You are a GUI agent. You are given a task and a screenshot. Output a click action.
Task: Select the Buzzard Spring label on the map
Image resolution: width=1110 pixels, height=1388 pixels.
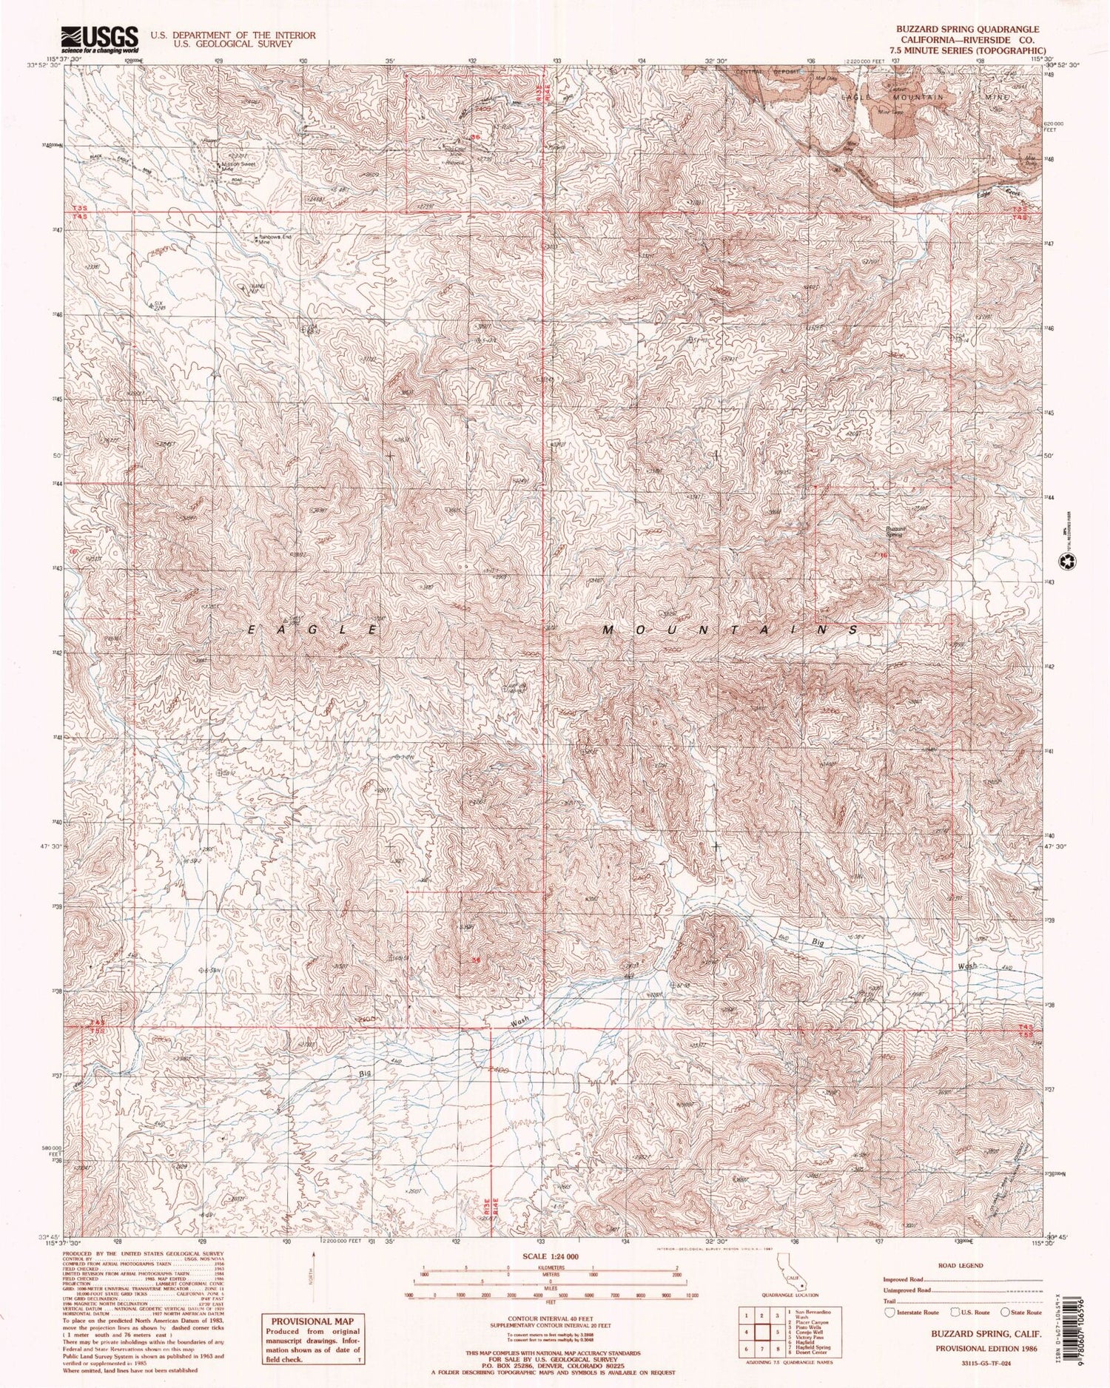(x=895, y=531)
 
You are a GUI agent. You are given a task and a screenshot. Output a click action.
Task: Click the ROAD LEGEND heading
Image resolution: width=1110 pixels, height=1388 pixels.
(x=960, y=1265)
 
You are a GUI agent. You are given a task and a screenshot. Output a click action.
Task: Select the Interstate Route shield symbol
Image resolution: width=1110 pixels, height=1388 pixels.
(x=889, y=1312)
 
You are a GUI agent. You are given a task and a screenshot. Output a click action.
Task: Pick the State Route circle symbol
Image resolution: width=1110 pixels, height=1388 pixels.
(x=1004, y=1312)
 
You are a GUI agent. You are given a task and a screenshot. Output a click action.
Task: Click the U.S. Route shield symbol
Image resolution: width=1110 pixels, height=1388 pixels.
(x=946, y=1312)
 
